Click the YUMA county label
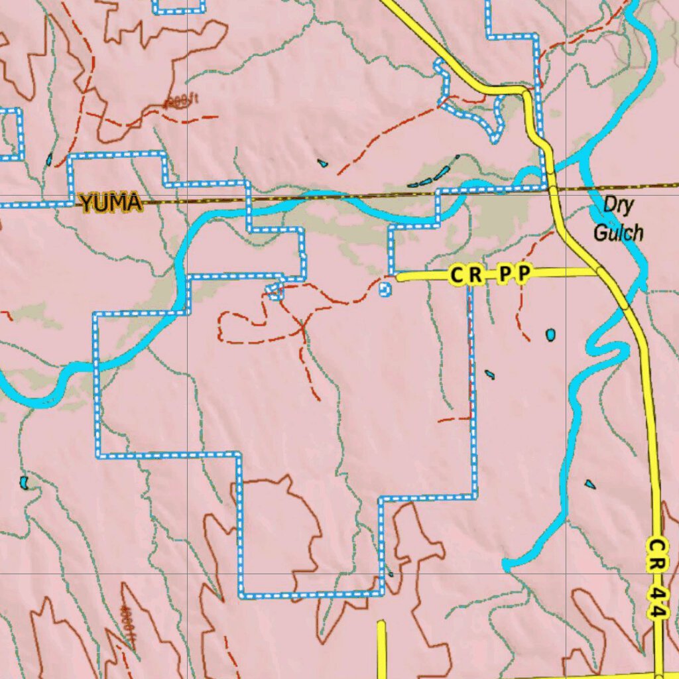[111, 202]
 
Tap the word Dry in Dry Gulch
[619, 206]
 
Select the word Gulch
[618, 232]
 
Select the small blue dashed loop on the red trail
[275, 290]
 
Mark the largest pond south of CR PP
[550, 335]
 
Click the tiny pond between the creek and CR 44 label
[589, 484]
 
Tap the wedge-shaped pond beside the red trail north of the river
[322, 162]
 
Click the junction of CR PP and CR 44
[600, 271]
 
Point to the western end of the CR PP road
[399, 278]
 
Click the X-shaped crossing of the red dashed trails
[302, 326]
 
